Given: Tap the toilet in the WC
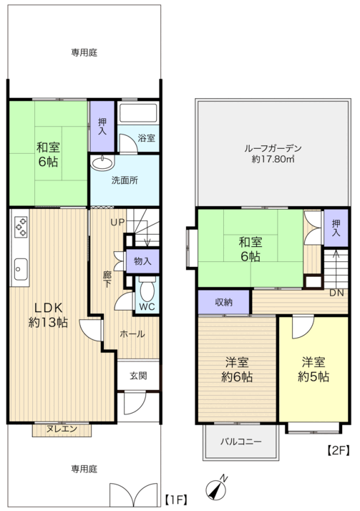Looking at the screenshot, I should pyautogui.click(x=147, y=290).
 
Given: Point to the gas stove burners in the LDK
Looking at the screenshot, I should pyautogui.click(x=20, y=227).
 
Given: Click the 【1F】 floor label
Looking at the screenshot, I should pyautogui.click(x=176, y=498).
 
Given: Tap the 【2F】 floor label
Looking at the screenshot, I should pyautogui.click(x=338, y=451).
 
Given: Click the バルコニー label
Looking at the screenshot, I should pyautogui.click(x=240, y=442).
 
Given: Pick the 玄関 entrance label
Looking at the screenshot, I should pyautogui.click(x=139, y=375).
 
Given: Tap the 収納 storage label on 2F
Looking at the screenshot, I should pyautogui.click(x=224, y=302).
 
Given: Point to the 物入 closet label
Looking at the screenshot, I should pyautogui.click(x=143, y=262).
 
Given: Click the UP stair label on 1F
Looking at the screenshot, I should pyautogui.click(x=117, y=222).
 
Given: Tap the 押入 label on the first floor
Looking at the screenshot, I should pyautogui.click(x=102, y=127).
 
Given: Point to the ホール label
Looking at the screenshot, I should pyautogui.click(x=132, y=334).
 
